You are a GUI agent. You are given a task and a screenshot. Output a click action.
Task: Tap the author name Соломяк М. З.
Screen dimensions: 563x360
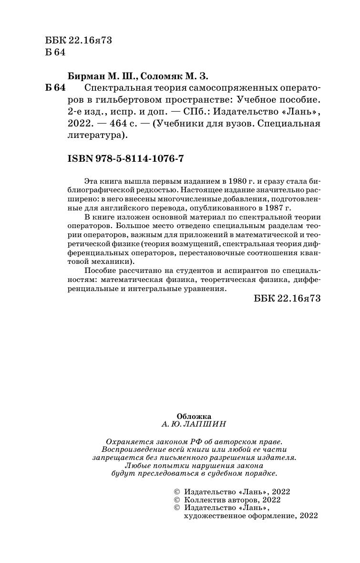point(175,76)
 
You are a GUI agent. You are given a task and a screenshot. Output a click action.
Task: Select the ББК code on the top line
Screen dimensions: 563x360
point(77,40)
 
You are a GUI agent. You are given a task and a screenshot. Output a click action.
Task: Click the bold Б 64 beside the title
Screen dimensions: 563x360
point(54,89)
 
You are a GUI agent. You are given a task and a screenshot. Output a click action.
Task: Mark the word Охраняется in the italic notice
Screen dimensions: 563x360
point(127,442)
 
